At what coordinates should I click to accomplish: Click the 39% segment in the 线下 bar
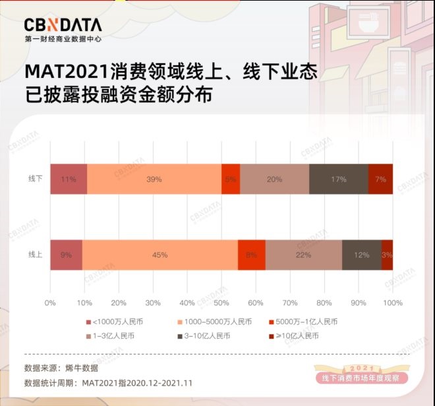[x=154, y=179]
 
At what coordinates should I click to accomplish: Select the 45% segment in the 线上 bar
[x=159, y=255]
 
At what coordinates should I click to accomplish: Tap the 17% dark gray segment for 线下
[x=338, y=179]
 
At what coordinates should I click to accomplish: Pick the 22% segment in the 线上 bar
[x=303, y=255]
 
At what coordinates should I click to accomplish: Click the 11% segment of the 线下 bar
[x=68, y=179]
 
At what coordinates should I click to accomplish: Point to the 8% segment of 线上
[x=251, y=255]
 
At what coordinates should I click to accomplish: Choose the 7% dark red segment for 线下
[x=380, y=179]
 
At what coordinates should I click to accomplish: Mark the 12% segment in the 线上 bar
[x=361, y=255]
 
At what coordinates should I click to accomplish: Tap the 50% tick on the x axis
[x=221, y=303]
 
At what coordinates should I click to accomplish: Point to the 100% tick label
[x=392, y=303]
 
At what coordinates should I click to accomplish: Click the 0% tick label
[x=50, y=303]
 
